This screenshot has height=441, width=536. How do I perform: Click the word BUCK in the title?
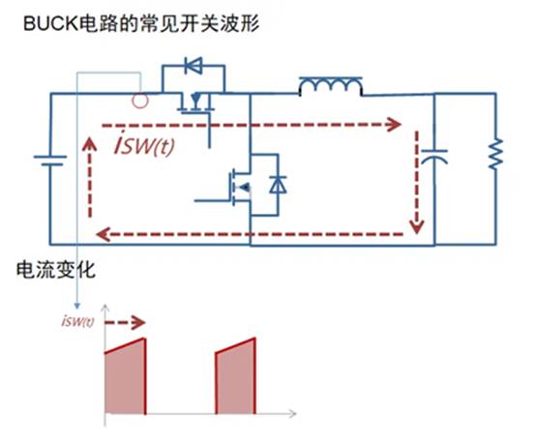point(51,24)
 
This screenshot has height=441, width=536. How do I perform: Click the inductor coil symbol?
point(331,87)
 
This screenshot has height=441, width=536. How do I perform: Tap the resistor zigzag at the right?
point(495,154)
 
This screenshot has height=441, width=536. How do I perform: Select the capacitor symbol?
point(434,157)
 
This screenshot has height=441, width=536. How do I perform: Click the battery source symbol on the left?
point(50,161)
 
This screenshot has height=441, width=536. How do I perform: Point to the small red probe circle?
point(140,101)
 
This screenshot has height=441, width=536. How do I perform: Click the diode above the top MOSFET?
point(194,65)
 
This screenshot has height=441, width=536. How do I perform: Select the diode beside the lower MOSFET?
point(278,185)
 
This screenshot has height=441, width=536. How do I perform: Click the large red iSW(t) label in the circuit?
point(144,145)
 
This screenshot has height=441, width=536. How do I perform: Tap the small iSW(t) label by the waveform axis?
point(78,321)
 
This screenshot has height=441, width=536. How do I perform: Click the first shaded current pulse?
point(126,376)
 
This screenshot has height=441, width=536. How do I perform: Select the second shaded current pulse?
point(235,376)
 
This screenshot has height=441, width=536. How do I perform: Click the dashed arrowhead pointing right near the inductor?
point(393,124)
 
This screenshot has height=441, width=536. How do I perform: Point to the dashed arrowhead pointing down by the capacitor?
point(417,226)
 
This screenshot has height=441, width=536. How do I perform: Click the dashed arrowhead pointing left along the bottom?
point(104,234)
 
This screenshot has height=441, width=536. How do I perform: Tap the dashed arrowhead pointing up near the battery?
point(90,144)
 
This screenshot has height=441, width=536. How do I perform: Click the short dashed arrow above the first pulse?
point(125,322)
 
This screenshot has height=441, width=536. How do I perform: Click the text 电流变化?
point(56,270)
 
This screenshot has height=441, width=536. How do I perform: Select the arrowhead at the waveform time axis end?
point(292,414)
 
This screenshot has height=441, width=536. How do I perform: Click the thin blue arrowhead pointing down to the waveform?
point(77,306)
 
